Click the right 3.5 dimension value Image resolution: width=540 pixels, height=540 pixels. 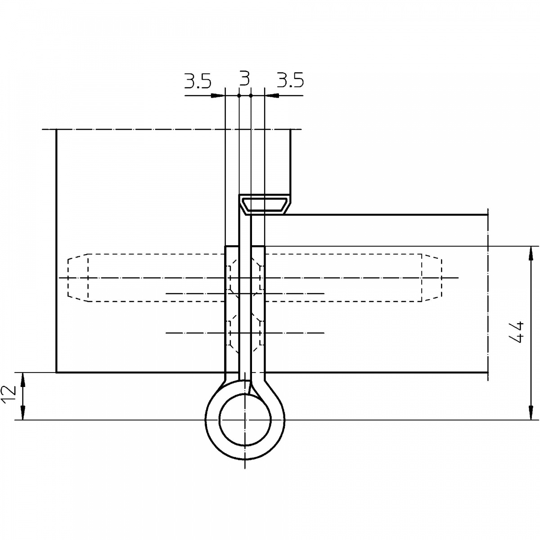click(290, 81)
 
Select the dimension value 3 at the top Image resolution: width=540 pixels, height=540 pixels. click(245, 79)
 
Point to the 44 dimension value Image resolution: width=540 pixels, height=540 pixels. click(516, 332)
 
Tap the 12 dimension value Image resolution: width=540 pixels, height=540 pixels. click(9, 394)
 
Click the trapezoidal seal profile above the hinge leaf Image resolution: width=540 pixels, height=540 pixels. click(265, 205)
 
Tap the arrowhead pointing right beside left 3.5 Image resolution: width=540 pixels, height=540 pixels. click(218, 95)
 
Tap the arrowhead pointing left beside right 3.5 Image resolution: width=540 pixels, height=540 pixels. click(272, 95)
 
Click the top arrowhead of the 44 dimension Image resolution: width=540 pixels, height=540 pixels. click(531, 253)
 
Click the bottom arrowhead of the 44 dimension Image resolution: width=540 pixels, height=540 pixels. click(531, 413)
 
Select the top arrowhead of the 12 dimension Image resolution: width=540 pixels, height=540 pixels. click(23, 380)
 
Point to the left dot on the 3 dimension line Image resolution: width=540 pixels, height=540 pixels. click(239, 95)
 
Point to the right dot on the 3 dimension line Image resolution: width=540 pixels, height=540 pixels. click(251, 95)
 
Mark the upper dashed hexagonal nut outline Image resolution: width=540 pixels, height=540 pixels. click(245, 278)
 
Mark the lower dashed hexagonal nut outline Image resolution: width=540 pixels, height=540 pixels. click(245, 333)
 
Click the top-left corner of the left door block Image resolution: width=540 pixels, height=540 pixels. click(56, 130)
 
